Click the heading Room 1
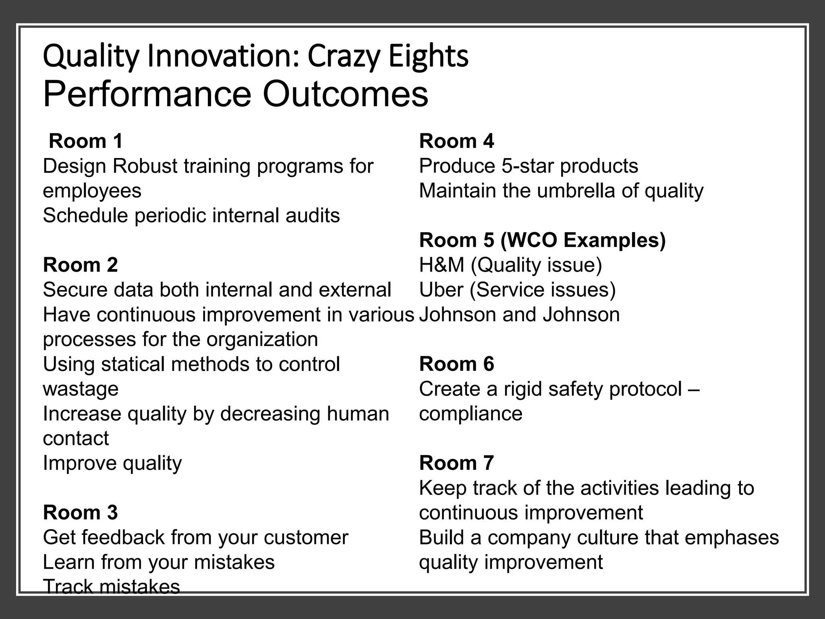point(85,141)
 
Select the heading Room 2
point(80,265)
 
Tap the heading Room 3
point(80,513)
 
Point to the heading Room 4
point(456,141)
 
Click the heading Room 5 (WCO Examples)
point(542,240)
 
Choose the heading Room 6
point(456,364)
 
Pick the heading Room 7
point(456,463)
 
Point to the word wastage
point(81,389)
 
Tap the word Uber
point(441,290)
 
